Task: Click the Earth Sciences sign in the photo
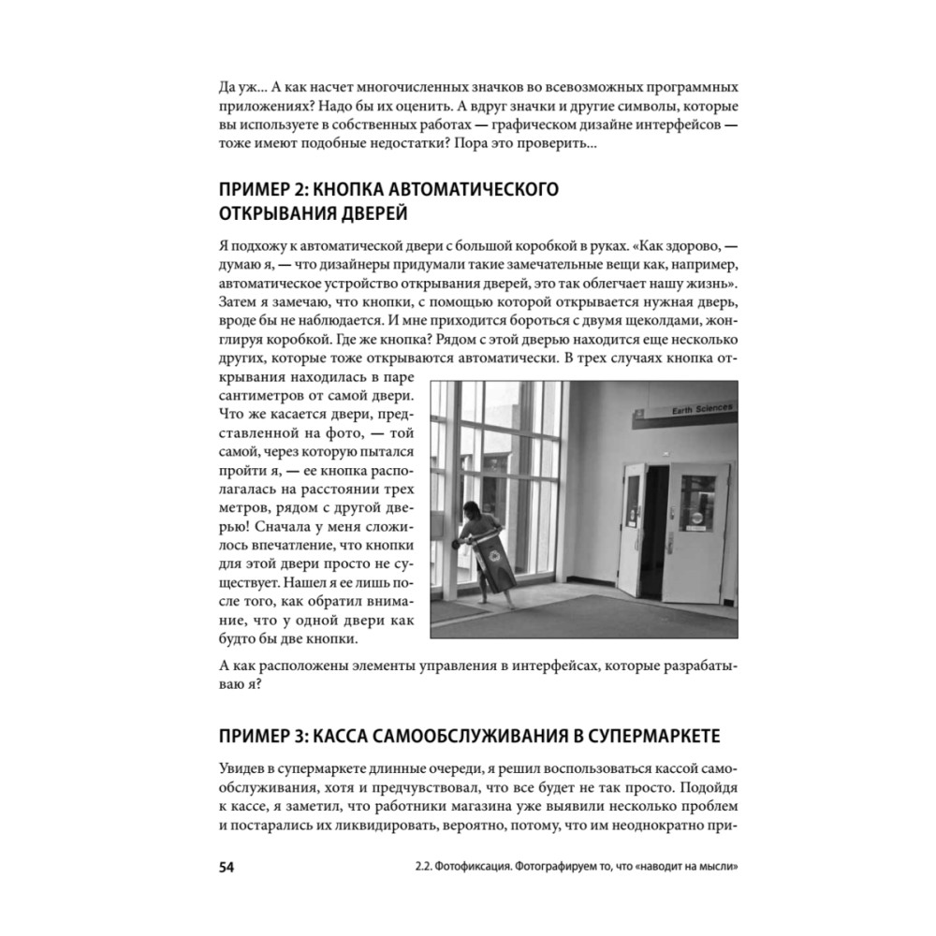(x=699, y=409)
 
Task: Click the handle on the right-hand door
(x=671, y=541)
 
